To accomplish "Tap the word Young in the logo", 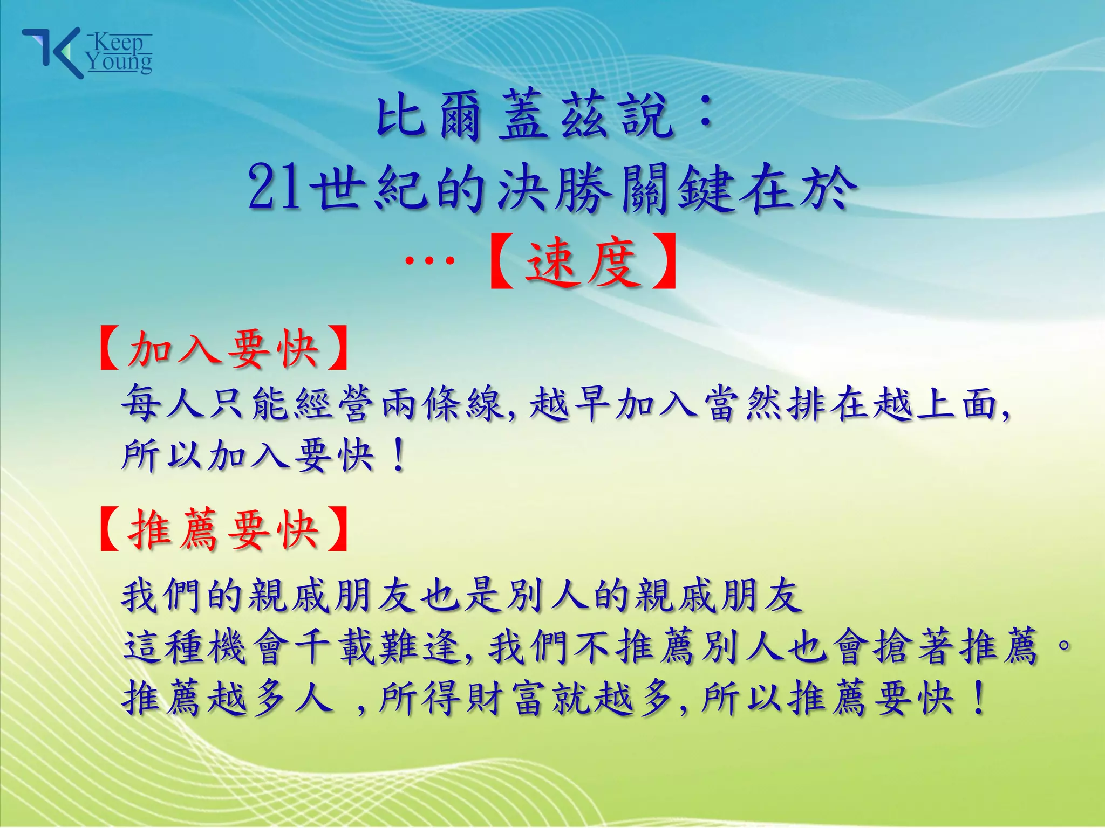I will coord(120,62).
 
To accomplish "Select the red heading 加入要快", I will coord(223,349).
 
